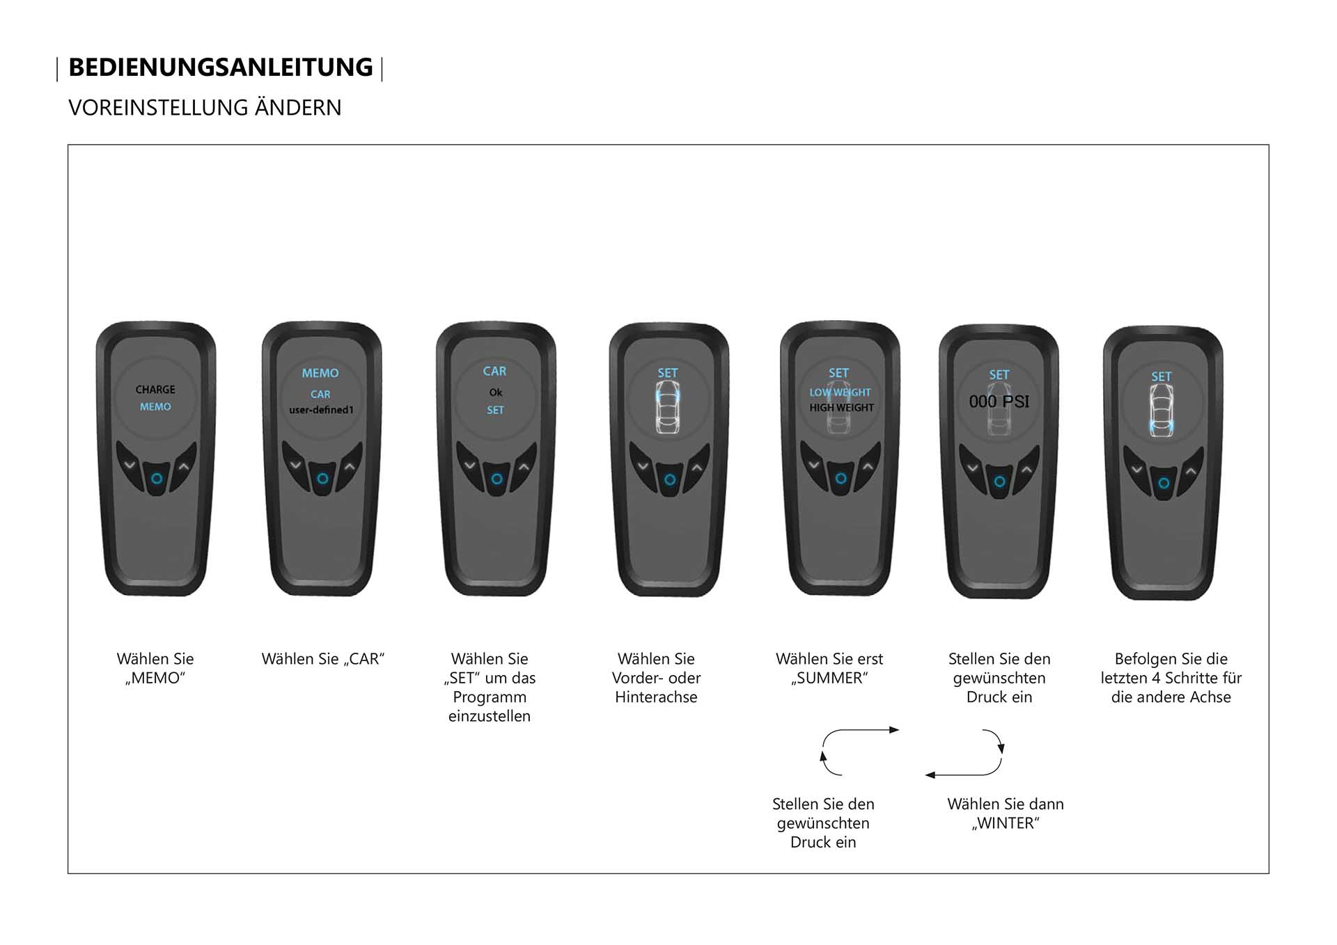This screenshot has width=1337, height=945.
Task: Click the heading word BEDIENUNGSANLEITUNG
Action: (221, 67)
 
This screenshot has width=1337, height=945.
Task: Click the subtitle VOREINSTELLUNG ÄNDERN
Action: (205, 108)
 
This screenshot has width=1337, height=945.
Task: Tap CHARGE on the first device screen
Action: (155, 390)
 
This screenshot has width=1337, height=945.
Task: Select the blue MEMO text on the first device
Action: (155, 406)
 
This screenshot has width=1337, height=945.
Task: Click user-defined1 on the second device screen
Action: (321, 410)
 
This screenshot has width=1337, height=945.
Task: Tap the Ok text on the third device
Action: (496, 392)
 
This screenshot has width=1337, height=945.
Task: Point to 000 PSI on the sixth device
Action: (999, 402)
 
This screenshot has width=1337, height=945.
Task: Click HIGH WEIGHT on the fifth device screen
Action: (841, 408)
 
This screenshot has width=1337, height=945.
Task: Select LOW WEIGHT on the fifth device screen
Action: (840, 392)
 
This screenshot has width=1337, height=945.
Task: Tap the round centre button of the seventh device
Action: (1164, 483)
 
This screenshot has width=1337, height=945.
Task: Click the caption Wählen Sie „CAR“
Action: (323, 659)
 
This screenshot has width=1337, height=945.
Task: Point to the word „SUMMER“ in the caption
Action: (829, 678)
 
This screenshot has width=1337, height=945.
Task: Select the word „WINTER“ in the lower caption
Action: (1006, 823)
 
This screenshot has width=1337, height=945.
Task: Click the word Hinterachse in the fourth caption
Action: (656, 697)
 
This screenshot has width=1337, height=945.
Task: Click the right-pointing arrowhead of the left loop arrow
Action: (895, 730)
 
